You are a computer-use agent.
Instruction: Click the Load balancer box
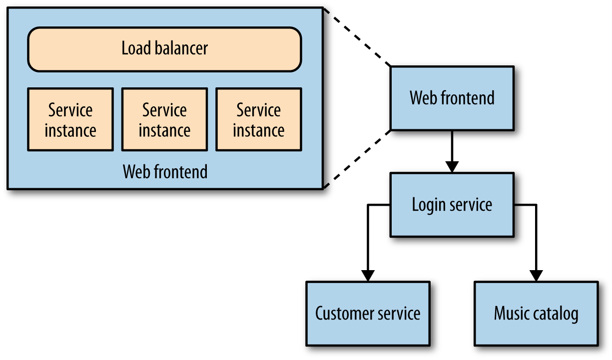164,49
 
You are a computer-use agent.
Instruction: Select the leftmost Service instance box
70,120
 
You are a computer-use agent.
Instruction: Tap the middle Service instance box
164,120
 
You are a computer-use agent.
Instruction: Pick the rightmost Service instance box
258,120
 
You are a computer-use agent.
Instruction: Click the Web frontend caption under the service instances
165,172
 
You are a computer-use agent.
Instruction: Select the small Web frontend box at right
452,98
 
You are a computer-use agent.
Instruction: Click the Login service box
452,205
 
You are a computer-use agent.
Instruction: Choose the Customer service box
368,314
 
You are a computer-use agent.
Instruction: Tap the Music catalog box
536,314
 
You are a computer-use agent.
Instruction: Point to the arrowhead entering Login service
452,167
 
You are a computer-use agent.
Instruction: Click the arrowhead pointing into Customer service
368,276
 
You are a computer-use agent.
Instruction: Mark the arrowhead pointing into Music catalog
536,276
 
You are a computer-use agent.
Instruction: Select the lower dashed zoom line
357,159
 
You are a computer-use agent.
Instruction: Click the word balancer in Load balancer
180,49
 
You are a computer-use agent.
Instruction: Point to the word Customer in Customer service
345,314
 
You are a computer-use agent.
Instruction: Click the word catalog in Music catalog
557,314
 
